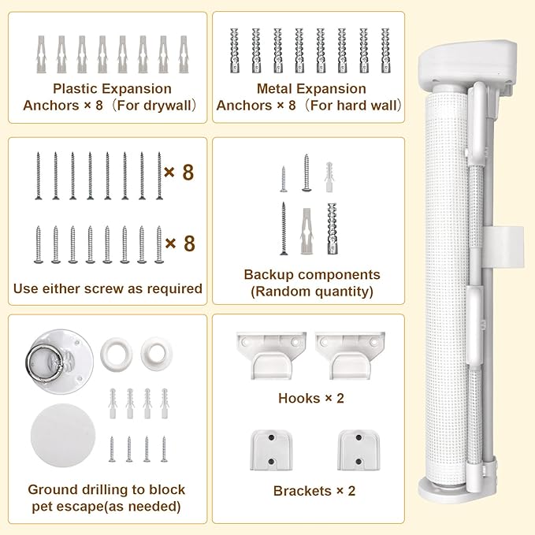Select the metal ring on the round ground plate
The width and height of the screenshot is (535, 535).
(x=44, y=361)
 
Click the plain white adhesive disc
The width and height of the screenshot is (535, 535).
(x=63, y=436)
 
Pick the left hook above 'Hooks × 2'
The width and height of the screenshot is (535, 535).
(x=272, y=355)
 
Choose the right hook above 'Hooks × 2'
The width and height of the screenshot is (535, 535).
(x=350, y=355)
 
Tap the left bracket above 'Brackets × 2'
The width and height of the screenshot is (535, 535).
(x=271, y=451)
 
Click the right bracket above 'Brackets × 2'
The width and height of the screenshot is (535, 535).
(x=359, y=451)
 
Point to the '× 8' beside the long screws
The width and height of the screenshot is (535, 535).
(x=179, y=173)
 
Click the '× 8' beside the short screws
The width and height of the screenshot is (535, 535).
(x=180, y=243)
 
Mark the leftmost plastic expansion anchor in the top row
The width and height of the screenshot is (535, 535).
(x=41, y=54)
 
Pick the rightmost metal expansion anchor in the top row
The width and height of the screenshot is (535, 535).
(x=385, y=50)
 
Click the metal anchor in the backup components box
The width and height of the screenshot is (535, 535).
(x=332, y=228)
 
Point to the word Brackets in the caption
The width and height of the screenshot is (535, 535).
(x=303, y=492)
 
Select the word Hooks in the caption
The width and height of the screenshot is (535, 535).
(x=299, y=399)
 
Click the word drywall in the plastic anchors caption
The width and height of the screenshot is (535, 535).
(x=166, y=106)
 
